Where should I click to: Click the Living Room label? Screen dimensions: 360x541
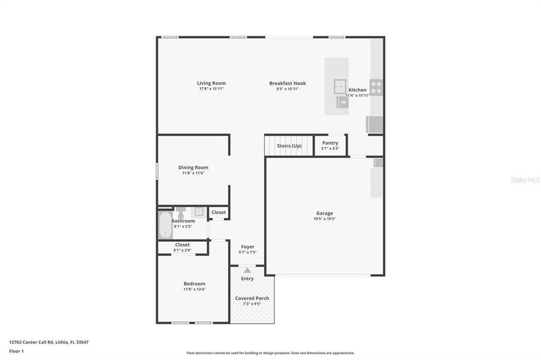[211, 83]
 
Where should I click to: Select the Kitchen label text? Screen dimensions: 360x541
[357, 90]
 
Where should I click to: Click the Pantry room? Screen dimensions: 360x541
[330, 145]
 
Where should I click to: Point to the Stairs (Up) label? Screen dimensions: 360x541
[289, 146]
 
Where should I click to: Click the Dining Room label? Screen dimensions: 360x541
[193, 167]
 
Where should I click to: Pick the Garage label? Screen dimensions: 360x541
[325, 213]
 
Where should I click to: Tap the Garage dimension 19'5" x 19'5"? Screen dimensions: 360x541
[325, 219]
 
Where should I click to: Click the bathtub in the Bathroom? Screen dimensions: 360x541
[164, 224]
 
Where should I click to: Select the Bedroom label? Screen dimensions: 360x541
[195, 284]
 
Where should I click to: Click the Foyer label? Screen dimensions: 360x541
[247, 247]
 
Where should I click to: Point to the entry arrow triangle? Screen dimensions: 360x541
[247, 271]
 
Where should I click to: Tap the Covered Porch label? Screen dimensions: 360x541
[253, 298]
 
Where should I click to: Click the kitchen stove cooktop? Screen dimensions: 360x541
[376, 88]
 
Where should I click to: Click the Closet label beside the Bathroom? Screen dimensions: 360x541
[219, 212]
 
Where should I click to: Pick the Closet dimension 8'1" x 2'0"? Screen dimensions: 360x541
[183, 250]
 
